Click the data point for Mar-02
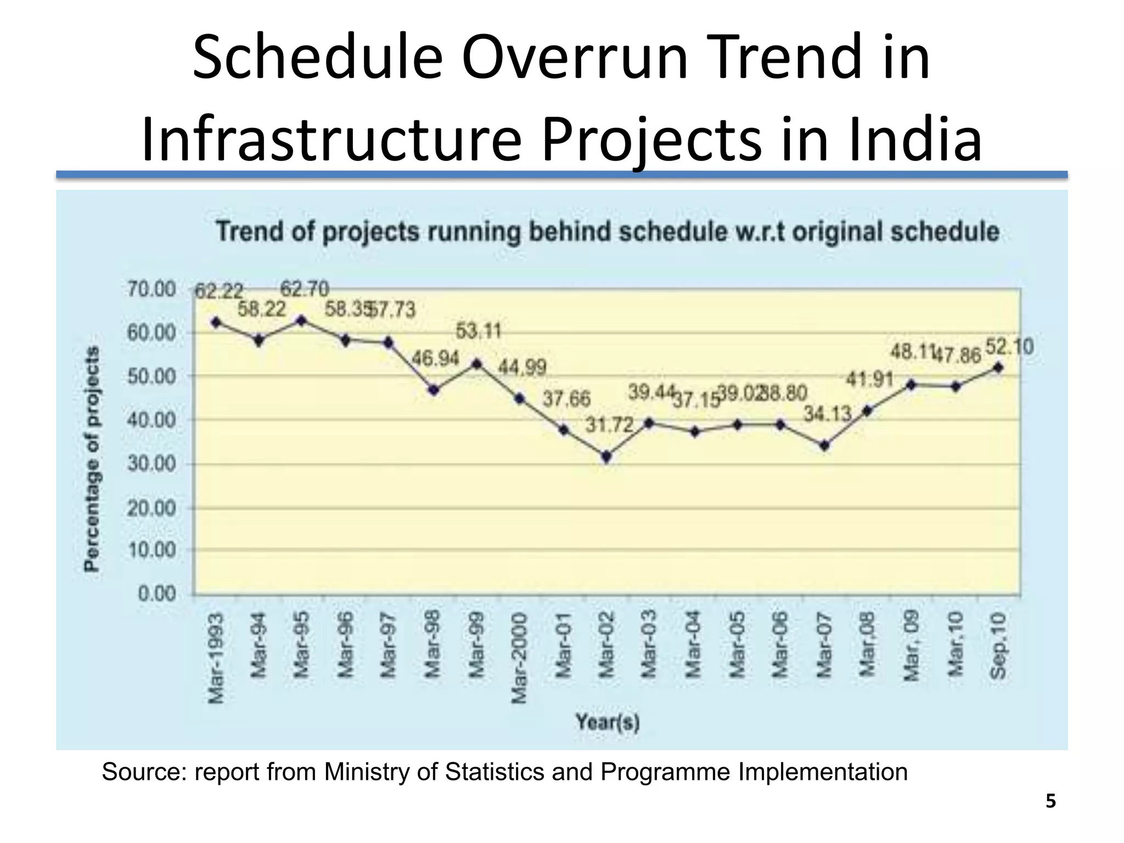coord(606,457)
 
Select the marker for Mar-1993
coord(216,322)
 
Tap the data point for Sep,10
coord(998,368)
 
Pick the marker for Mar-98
coord(434,390)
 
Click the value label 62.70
coord(305,289)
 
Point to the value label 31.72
coord(609,425)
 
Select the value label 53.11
coord(479,331)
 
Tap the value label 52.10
coord(1009,347)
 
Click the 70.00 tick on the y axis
coord(151,289)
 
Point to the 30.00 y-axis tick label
coord(151,464)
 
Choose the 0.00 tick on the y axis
coord(156,594)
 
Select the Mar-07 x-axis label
coord(823,645)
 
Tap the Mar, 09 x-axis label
coord(911,647)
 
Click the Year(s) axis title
coord(608,722)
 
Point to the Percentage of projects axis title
coord(92,459)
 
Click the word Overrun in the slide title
coord(574,58)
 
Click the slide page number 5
coord(1050,802)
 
